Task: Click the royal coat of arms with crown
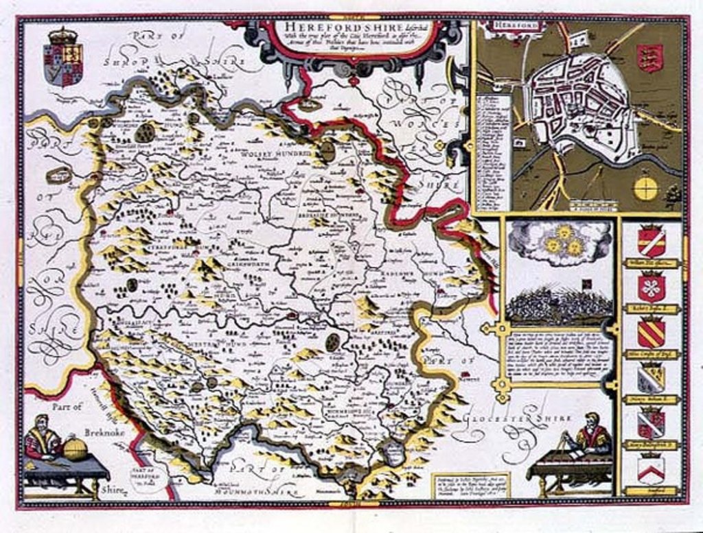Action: (63, 58)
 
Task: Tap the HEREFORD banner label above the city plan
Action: (507, 26)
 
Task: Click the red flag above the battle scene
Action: (568, 283)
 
